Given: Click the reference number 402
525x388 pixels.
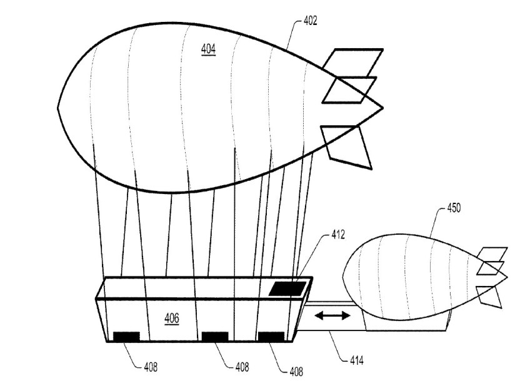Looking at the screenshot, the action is [x=310, y=21].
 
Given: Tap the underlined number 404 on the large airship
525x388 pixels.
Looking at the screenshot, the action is [x=208, y=49].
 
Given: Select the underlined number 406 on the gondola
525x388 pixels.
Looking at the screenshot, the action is [x=171, y=319].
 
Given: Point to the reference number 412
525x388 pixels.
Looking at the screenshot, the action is [x=338, y=235].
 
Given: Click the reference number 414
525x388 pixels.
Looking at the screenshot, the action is [x=357, y=360].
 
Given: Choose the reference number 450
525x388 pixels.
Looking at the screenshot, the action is [x=454, y=208].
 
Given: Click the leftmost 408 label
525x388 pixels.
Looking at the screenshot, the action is [x=151, y=367].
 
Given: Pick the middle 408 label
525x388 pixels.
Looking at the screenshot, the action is [x=242, y=367].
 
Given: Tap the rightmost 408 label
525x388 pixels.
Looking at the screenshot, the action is [x=296, y=371].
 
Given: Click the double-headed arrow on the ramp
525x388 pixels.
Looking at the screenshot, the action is [x=332, y=315].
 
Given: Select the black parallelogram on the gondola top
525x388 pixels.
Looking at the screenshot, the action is [x=288, y=288].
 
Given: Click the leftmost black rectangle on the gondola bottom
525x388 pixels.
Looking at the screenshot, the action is [x=126, y=336].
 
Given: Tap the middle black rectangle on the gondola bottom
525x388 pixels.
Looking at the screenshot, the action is [x=215, y=336].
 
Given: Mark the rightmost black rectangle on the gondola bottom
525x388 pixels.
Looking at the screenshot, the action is [x=271, y=336].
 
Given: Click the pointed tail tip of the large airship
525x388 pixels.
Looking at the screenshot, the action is [x=382, y=108].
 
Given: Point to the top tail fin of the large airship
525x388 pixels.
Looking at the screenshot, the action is [x=352, y=64].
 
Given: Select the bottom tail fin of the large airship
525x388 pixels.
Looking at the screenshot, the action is [x=346, y=147].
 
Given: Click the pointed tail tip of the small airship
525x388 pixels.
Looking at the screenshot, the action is [x=507, y=277].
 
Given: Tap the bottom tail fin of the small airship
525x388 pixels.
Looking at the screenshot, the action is [x=489, y=297].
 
